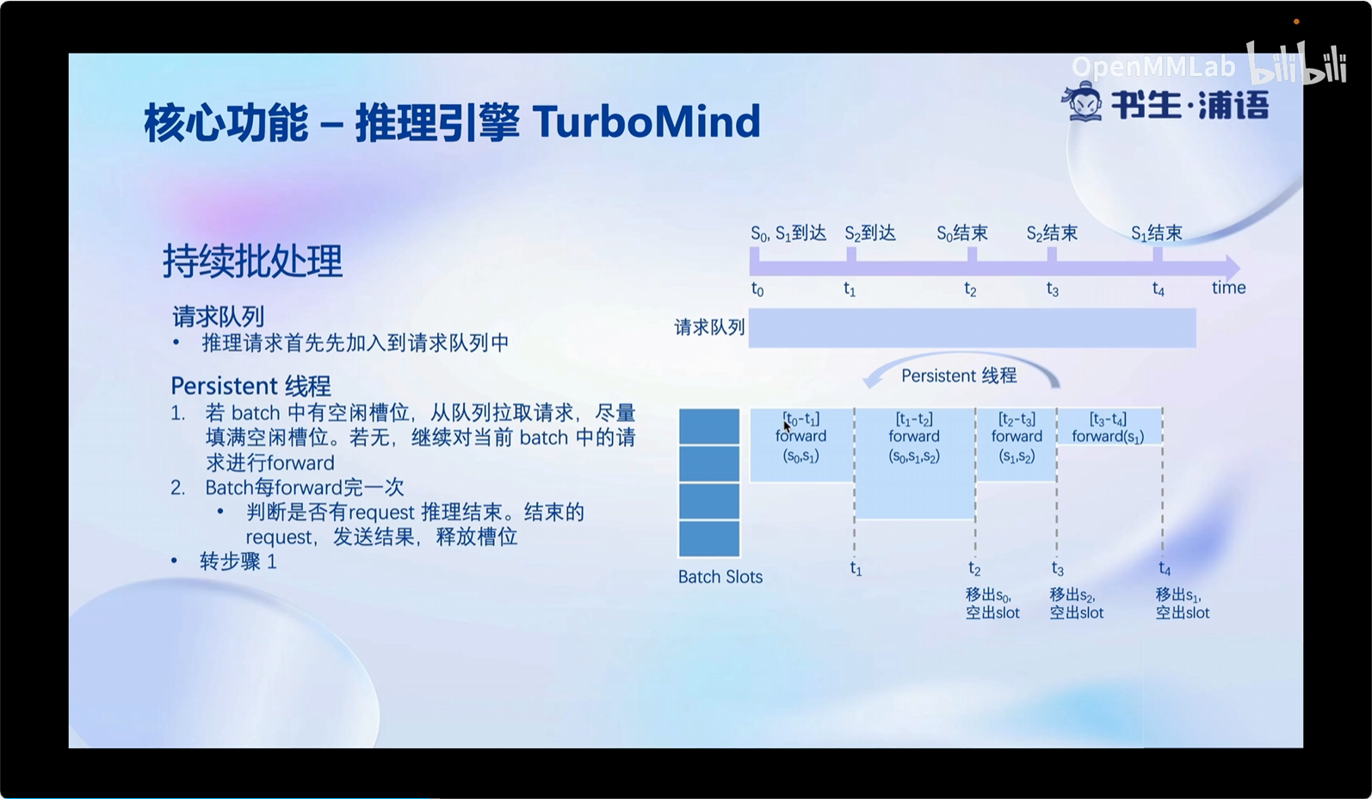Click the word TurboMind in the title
(646, 121)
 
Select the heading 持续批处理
(252, 261)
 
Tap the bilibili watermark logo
(1297, 63)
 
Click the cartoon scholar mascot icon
(1082, 101)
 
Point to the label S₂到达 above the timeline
(869, 233)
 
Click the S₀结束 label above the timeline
(962, 233)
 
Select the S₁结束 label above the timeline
(1157, 233)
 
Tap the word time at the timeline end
(1228, 288)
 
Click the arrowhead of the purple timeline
(1233, 268)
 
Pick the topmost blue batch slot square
(708, 426)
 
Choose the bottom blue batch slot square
(708, 539)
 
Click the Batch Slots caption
(720, 577)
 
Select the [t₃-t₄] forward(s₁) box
(1109, 426)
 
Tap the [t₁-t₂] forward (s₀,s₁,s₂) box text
(914, 437)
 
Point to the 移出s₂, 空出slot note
(1076, 604)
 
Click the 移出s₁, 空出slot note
(1182, 604)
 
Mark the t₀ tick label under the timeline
(757, 289)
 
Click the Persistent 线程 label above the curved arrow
(959, 375)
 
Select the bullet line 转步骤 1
(238, 561)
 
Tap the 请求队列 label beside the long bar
(709, 328)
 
